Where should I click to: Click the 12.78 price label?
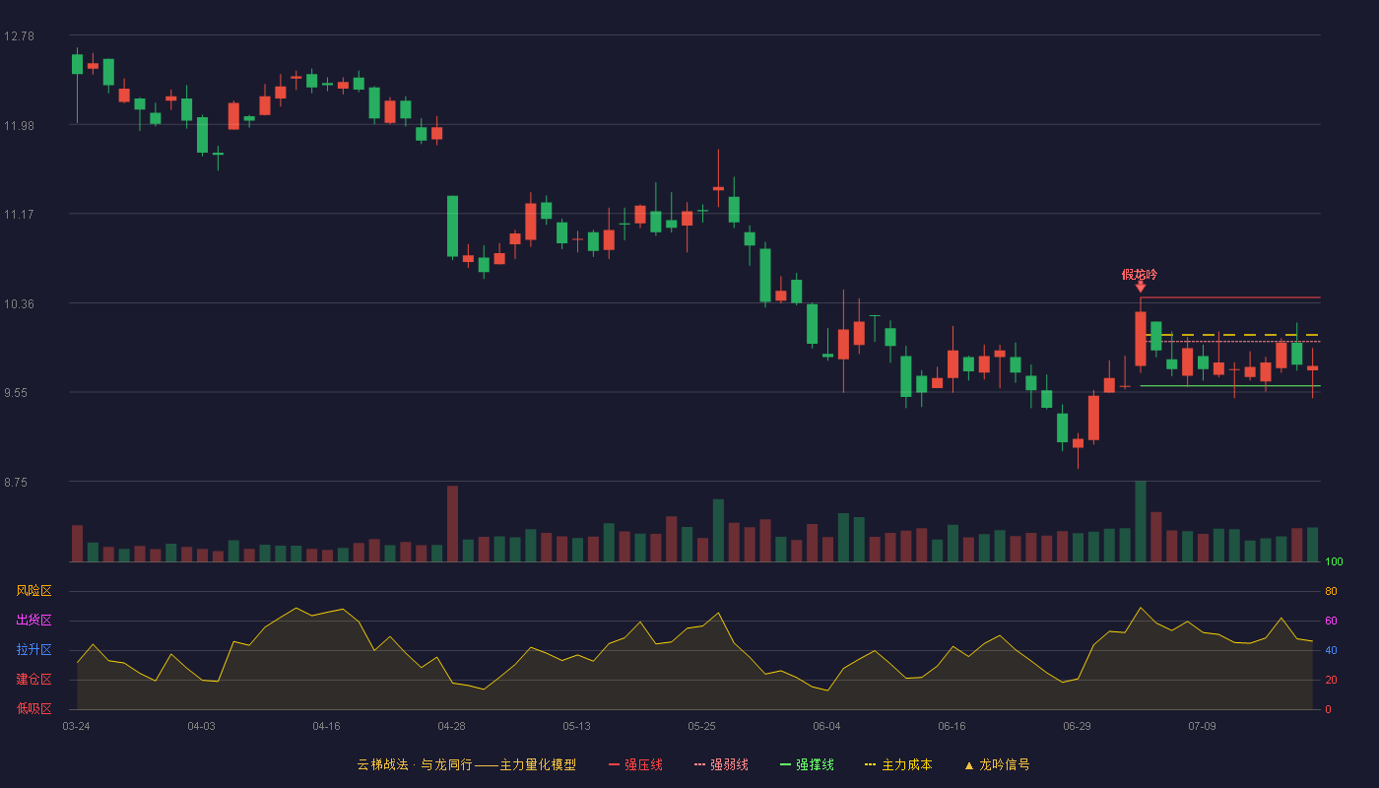[19, 36]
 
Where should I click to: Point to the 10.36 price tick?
[19, 304]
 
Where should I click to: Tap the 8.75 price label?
[16, 483]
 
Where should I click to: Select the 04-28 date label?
[451, 727]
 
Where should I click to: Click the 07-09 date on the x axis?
[1202, 727]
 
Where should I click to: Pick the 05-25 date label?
[701, 727]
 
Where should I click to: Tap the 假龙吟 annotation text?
[1140, 275]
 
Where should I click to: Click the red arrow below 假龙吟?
[1141, 287]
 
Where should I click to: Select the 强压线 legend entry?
[635, 764]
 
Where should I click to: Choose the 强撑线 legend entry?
[807, 764]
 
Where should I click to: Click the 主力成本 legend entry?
[898, 764]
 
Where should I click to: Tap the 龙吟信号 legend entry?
[997, 764]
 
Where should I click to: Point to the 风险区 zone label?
[33, 591]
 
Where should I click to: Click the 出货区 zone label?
[33, 620]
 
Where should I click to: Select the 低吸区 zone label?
[33, 708]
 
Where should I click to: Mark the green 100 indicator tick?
[1334, 561]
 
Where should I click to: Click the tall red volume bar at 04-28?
[452, 523]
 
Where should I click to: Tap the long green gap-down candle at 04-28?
[452, 226]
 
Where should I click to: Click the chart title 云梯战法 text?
[382, 764]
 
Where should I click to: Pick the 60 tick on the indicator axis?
[1331, 621]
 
